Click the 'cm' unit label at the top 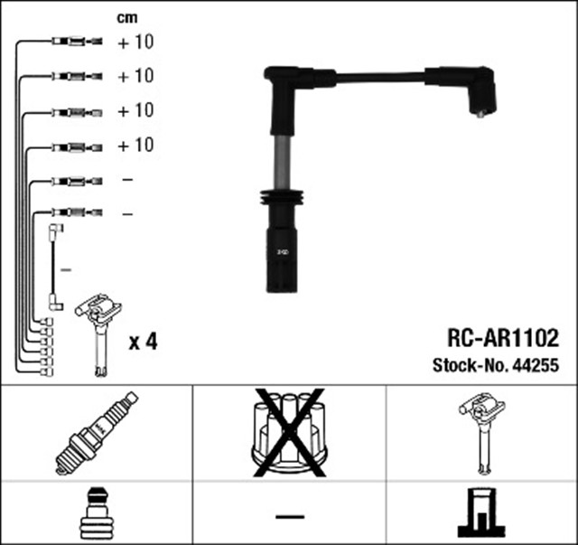click(128, 17)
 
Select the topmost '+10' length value click(135, 42)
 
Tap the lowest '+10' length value click(135, 145)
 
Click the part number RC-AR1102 click(504, 339)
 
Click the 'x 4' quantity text click(144, 342)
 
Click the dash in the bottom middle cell click(289, 515)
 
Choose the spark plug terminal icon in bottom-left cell click(96, 512)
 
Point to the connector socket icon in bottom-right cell click(480, 512)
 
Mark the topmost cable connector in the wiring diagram click(77, 42)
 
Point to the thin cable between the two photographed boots click(379, 80)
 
